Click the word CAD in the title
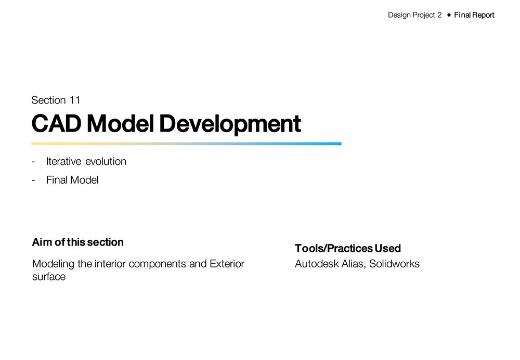point(56,123)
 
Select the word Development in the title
point(230,125)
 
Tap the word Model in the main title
point(121,123)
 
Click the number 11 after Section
point(75,100)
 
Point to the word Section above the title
point(48,100)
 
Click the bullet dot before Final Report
point(449,15)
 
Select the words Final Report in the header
point(474,15)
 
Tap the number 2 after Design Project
point(439,15)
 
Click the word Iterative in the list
point(63,162)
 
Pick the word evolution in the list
point(106,162)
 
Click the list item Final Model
point(72,180)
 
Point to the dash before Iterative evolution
point(33,162)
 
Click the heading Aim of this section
point(78,242)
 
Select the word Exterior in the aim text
point(227,264)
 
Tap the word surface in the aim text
point(49,277)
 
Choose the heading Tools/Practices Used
point(348,248)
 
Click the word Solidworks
point(394,264)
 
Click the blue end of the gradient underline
point(341,144)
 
